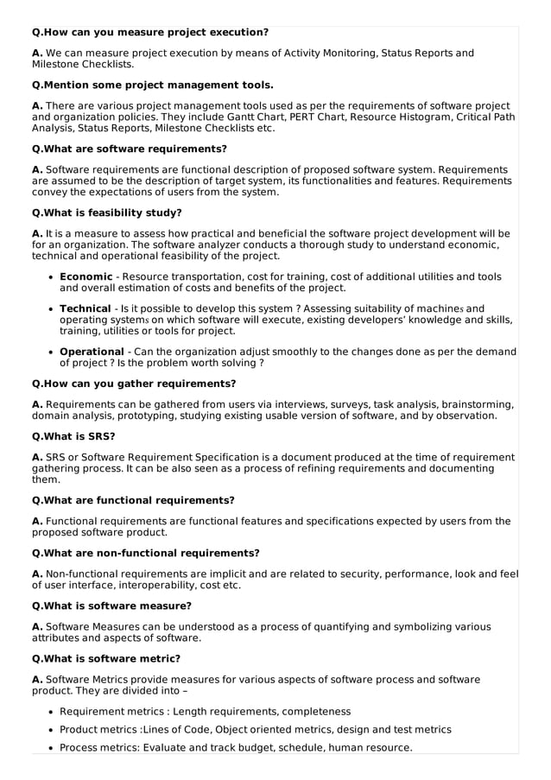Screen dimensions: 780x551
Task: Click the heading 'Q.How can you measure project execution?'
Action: pos(149,32)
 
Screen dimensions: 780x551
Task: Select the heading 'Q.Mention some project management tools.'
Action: pos(152,85)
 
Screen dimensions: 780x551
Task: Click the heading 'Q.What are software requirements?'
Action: pos(129,149)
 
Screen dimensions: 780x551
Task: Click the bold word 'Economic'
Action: pos(85,276)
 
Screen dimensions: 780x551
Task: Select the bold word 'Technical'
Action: pos(85,308)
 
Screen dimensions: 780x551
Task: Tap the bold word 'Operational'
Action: pos(92,352)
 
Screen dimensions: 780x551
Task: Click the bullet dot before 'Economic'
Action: pos(50,277)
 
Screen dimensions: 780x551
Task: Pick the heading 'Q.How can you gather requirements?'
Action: pos(133,384)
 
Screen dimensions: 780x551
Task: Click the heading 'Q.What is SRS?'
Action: pos(73,436)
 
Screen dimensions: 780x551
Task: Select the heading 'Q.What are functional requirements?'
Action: pos(132,500)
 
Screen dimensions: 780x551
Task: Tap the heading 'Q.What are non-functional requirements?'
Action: pos(145,553)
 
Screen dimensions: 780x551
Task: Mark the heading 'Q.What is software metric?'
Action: pos(105,658)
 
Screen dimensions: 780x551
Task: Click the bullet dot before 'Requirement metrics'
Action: pos(50,712)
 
